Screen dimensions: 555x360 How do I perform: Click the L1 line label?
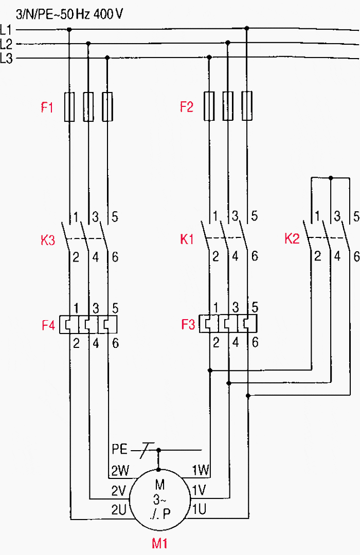coord(7,29)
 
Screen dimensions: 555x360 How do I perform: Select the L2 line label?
coord(7,44)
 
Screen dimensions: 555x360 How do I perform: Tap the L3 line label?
coord(7,59)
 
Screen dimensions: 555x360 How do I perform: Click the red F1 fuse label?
coord(48,107)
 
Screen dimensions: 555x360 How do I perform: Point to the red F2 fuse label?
coord(187,107)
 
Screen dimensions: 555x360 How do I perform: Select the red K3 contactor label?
coord(48,239)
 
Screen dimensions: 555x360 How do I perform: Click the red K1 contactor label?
coord(187,239)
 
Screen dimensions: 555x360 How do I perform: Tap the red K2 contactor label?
coord(292,239)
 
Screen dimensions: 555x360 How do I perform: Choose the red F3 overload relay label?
coord(188,325)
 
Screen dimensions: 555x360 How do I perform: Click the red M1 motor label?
coord(159,543)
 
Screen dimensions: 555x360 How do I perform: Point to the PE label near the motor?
coord(119,450)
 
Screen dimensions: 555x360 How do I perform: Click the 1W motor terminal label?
coord(200,470)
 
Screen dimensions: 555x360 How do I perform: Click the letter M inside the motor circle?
coord(159,484)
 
